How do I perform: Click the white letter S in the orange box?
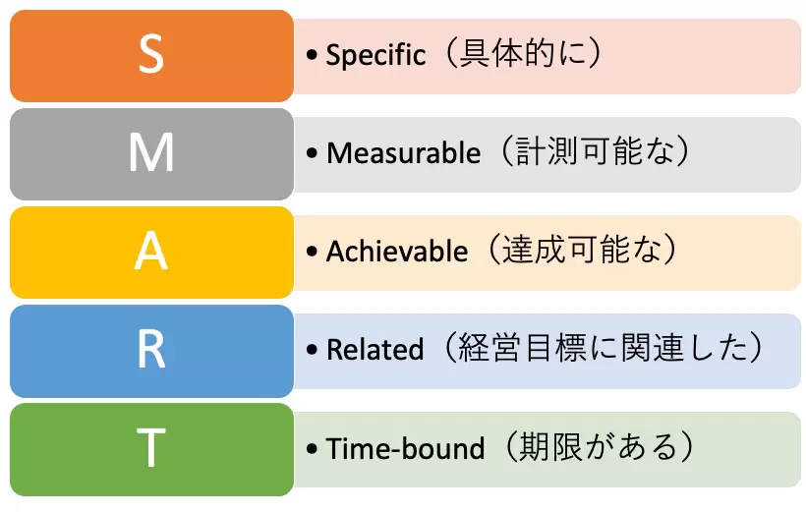click(151, 54)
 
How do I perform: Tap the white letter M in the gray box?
click(151, 152)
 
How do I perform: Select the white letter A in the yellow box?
click(151, 251)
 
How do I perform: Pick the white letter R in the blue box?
click(151, 349)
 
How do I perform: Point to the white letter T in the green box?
click(151, 447)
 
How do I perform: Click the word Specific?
click(375, 54)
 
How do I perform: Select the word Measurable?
click(404, 152)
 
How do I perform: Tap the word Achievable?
click(397, 251)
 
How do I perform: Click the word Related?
click(375, 349)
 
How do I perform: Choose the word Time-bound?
click(405, 448)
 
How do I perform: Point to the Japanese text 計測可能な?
click(595, 151)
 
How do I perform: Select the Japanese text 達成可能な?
click(581, 250)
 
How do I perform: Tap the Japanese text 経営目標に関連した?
click(603, 348)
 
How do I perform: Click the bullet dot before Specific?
click(312, 54)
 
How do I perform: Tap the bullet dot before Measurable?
click(312, 152)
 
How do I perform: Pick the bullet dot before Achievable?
click(312, 251)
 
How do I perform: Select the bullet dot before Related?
click(312, 350)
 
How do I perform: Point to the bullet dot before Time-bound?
click(312, 448)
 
